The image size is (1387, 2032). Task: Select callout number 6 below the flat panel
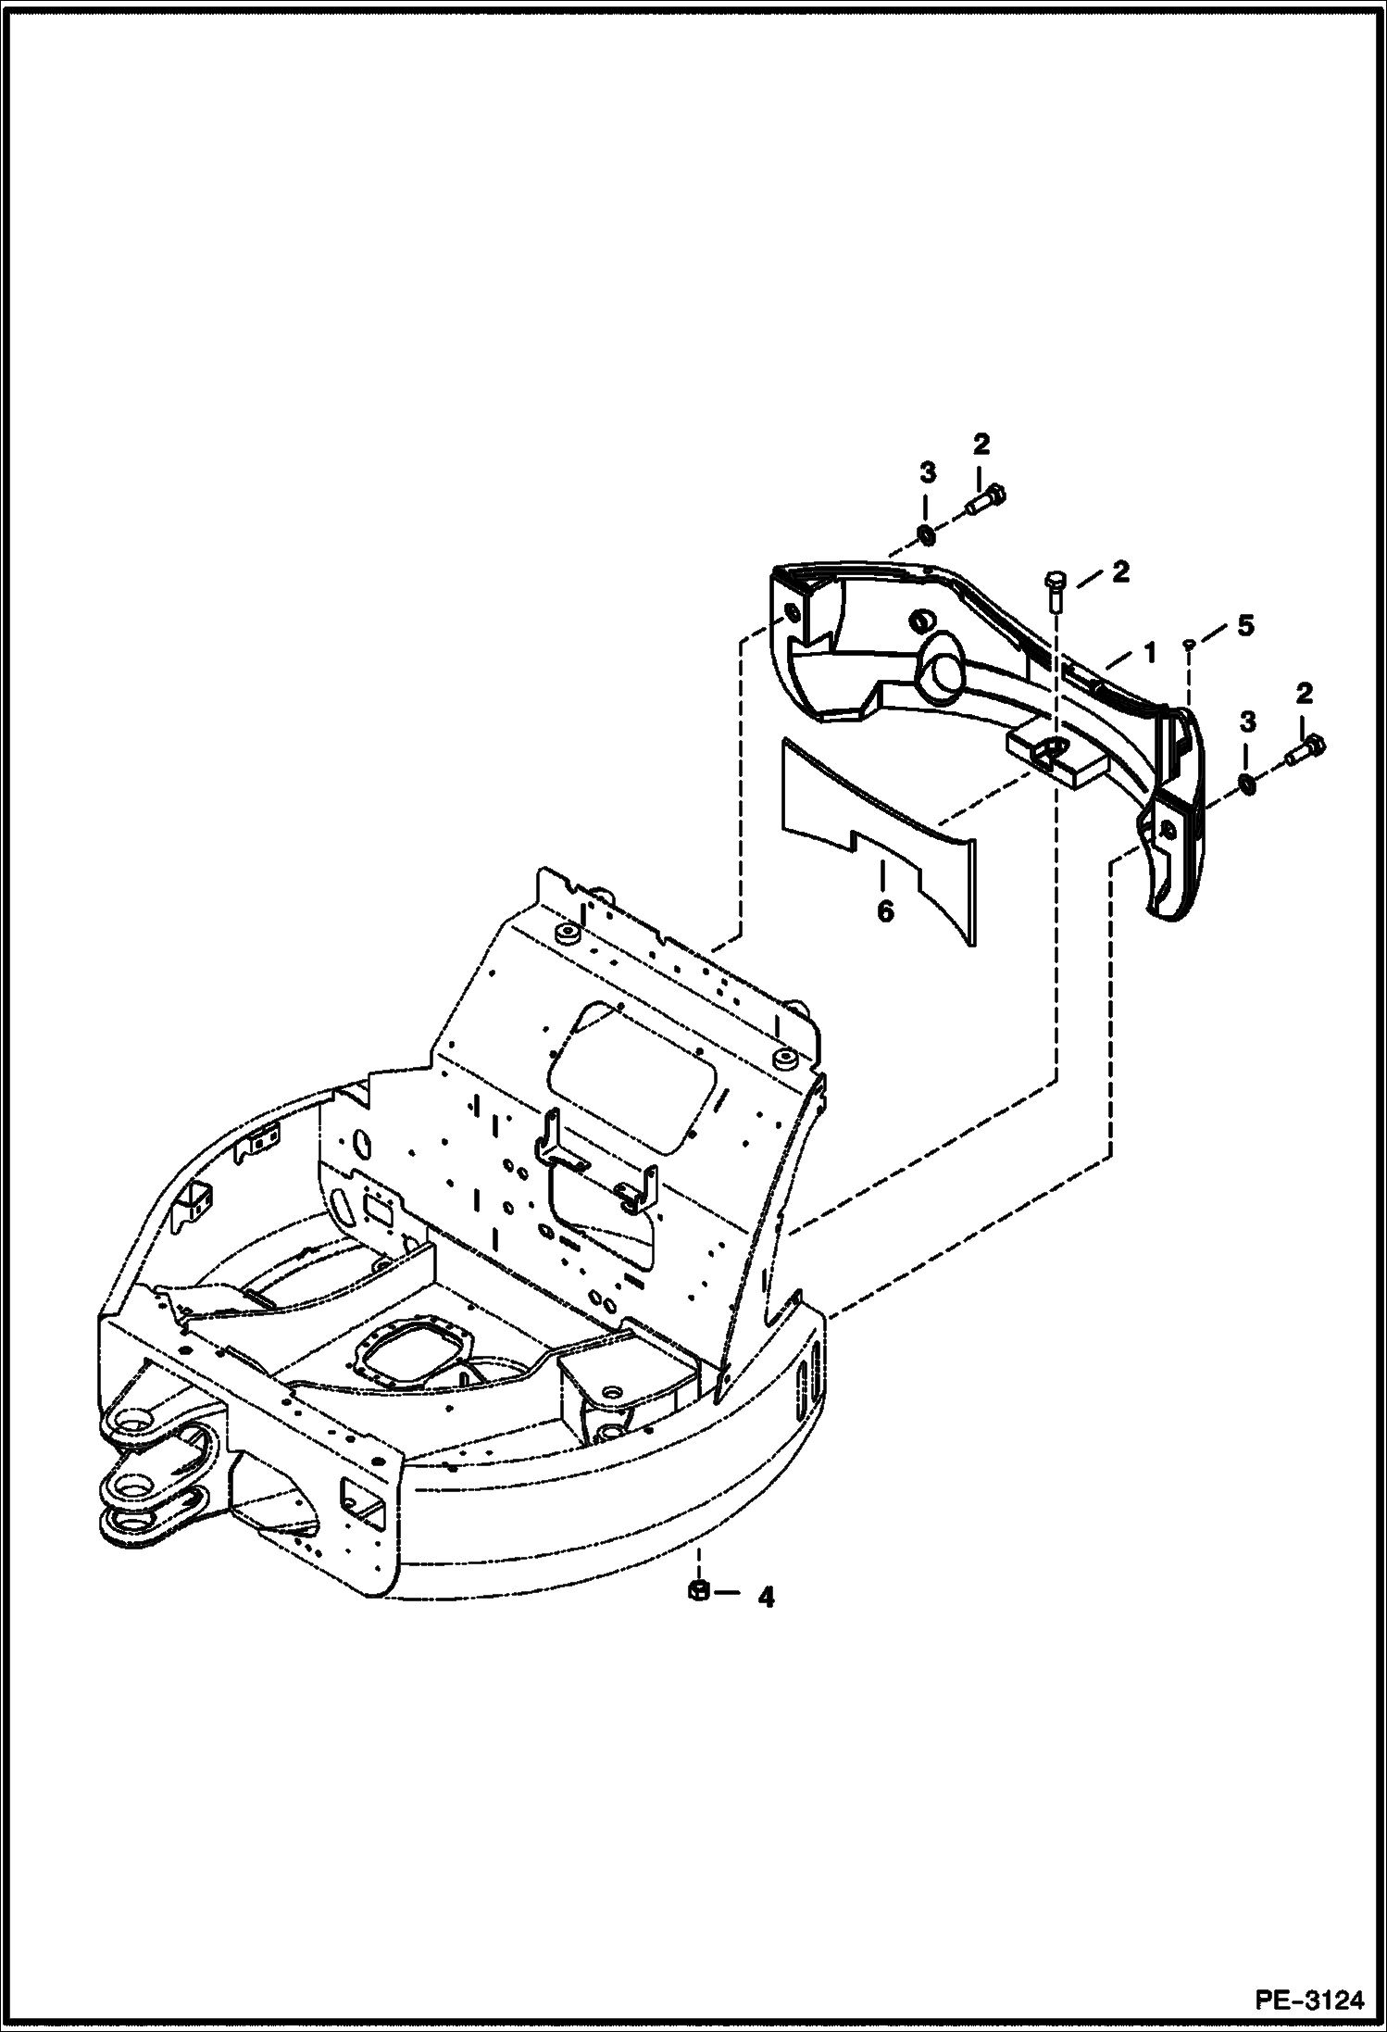(x=885, y=912)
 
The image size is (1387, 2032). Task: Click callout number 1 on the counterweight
(x=1149, y=653)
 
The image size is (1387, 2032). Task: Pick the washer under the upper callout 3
(x=925, y=534)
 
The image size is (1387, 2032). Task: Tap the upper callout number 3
(x=927, y=473)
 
